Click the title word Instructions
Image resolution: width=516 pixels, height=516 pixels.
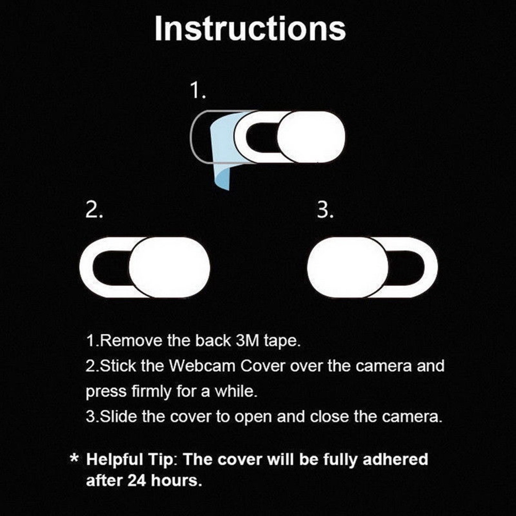[250, 29]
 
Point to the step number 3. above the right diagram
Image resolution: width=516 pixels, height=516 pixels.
[325, 211]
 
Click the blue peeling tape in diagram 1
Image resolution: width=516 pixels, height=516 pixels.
[223, 155]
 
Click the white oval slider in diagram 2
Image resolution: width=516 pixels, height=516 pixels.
[169, 267]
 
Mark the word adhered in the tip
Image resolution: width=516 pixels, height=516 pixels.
[395, 459]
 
